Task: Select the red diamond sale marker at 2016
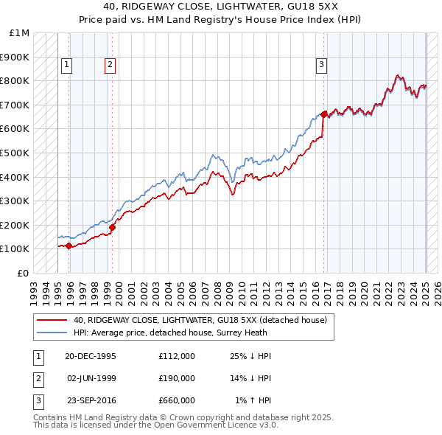(324, 114)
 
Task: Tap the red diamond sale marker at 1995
(69, 246)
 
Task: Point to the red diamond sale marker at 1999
(112, 227)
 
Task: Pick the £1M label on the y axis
(20, 33)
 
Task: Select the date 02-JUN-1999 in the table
(91, 377)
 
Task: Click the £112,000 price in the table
(176, 356)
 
